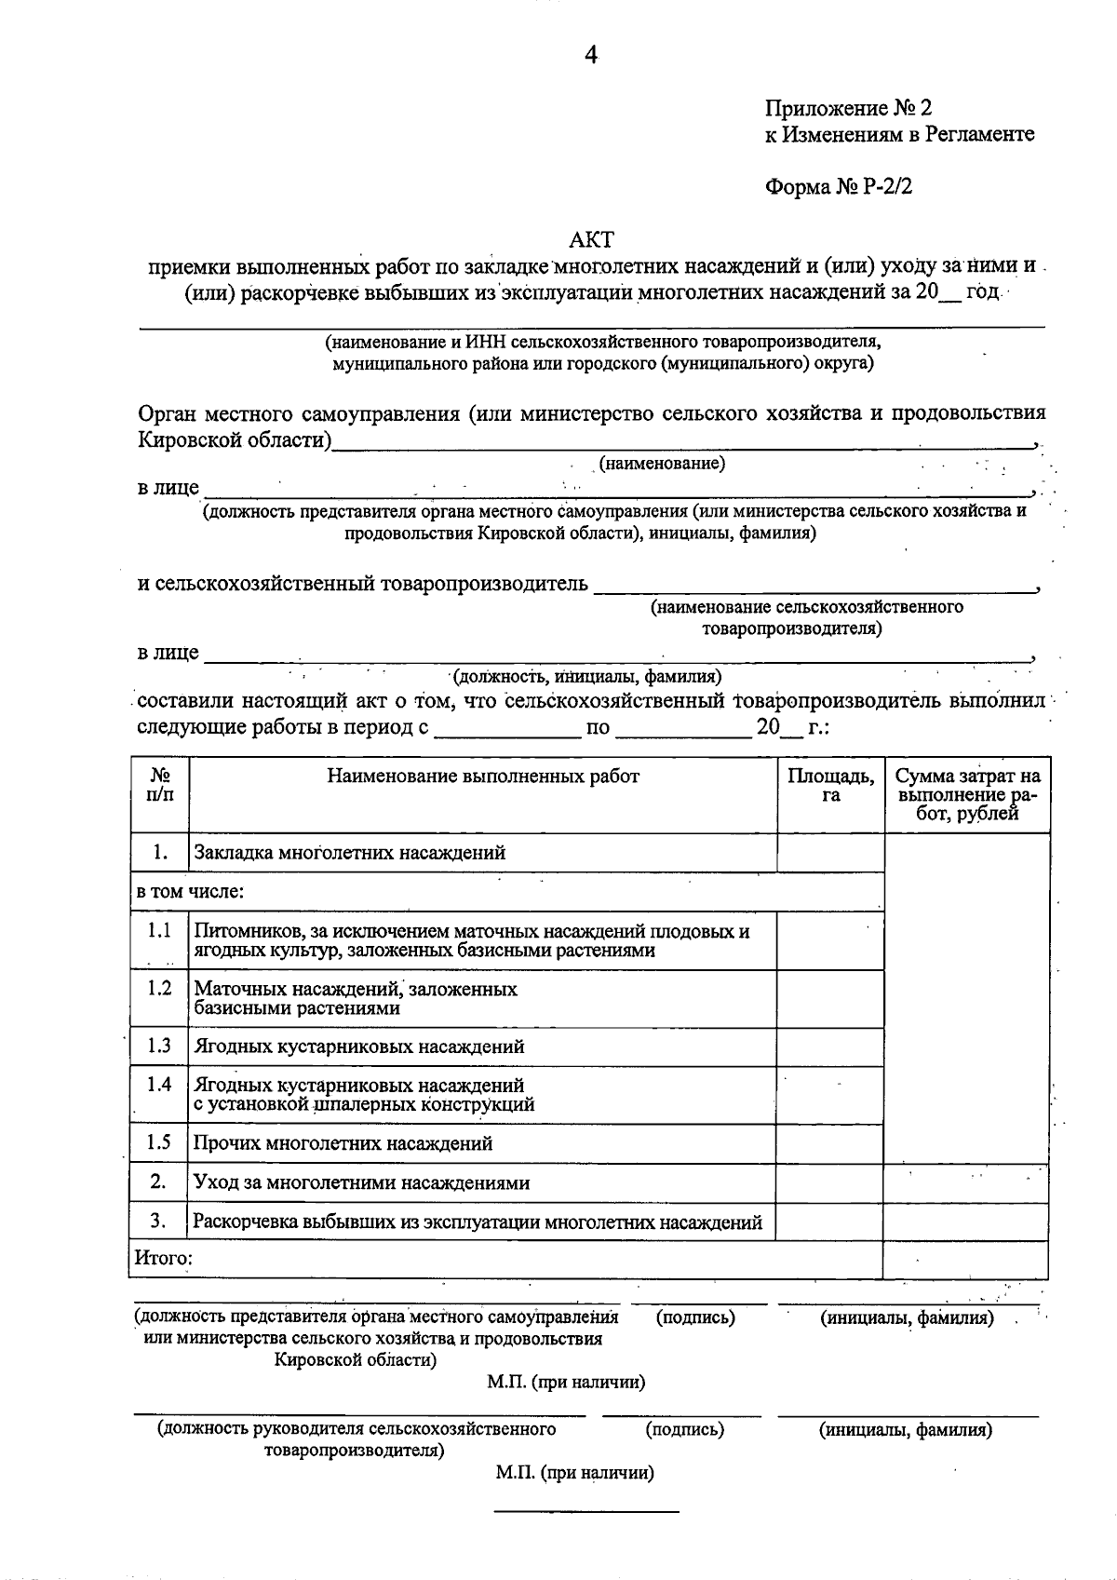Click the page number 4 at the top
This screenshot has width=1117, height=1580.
click(x=590, y=56)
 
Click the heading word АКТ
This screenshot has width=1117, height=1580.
click(x=591, y=240)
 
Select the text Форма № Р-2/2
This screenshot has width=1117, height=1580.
click(x=839, y=186)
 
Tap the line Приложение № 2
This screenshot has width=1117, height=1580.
click(x=848, y=109)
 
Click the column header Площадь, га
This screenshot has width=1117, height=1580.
click(x=830, y=785)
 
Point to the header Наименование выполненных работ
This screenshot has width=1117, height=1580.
click(x=482, y=776)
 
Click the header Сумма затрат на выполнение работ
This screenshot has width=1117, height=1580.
click(x=967, y=794)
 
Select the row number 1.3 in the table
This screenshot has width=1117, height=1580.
click(x=159, y=1046)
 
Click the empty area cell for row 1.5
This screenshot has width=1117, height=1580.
click(x=829, y=1143)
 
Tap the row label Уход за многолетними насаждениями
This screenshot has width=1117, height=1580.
click(x=361, y=1183)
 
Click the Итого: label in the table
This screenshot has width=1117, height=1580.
click(x=164, y=1259)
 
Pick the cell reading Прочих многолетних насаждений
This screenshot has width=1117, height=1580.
click(x=343, y=1143)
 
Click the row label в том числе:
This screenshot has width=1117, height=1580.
click(x=190, y=892)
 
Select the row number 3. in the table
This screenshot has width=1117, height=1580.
click(x=158, y=1220)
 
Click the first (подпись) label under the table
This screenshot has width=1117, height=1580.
click(x=695, y=1317)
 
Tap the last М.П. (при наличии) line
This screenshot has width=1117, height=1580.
click(x=574, y=1473)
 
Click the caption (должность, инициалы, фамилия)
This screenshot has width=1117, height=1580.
click(x=586, y=677)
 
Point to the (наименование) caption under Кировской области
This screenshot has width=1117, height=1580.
click(x=662, y=463)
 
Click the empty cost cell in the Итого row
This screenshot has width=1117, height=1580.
click(x=965, y=1259)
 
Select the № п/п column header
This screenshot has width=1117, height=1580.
click(x=159, y=785)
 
